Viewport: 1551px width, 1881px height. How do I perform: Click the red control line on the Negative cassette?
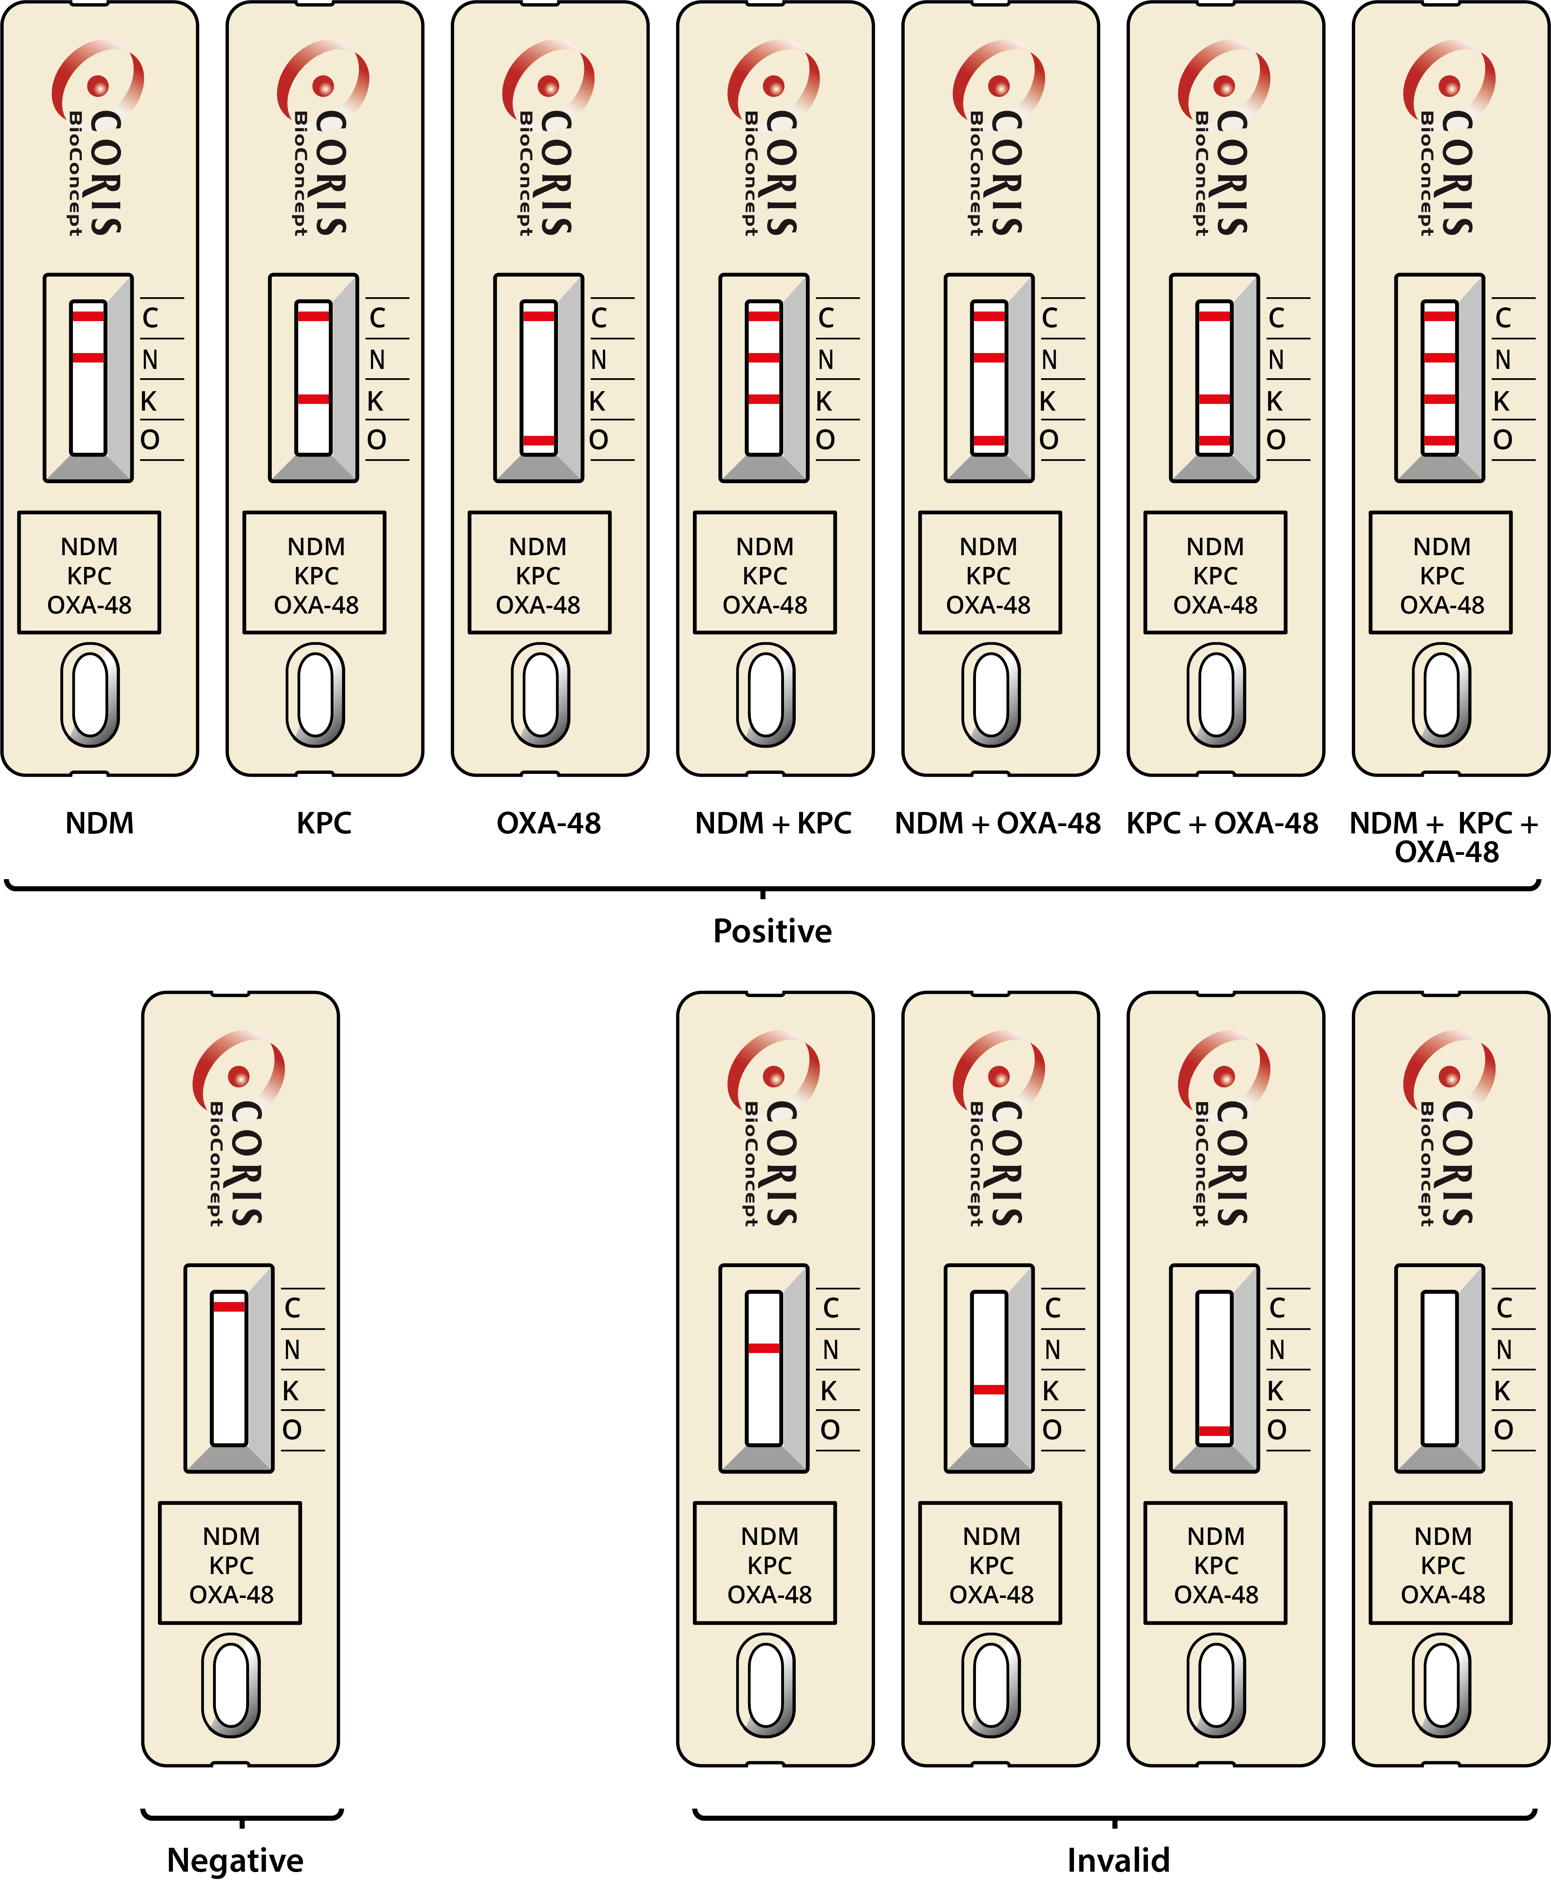[x=229, y=1307]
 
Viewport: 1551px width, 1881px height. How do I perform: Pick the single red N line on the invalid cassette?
[x=764, y=1348]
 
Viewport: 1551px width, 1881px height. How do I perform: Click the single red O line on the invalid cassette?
[x=1214, y=1431]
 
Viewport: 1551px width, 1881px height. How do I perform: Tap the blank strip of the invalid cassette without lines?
[x=1439, y=1367]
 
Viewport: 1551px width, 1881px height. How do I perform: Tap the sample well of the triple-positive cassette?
[x=1441, y=695]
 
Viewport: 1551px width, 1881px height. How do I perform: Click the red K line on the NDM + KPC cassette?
[x=764, y=399]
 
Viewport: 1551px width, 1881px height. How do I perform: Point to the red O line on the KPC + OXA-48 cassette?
[x=1214, y=440]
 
